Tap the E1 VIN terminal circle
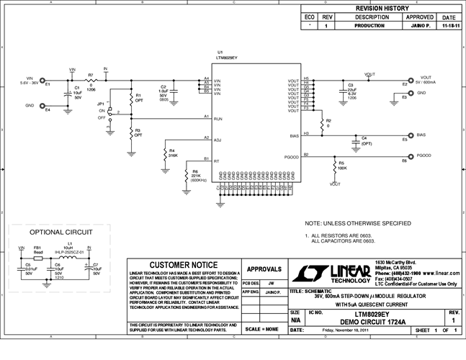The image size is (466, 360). (42, 82)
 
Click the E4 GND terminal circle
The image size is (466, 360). (42, 105)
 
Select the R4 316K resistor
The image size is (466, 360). (165, 152)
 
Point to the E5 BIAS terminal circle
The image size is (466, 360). (411, 134)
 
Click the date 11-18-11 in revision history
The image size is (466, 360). (449, 25)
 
